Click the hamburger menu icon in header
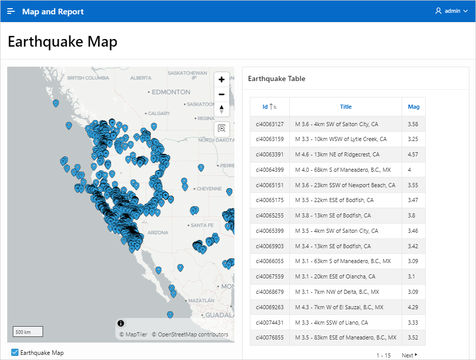(x=11, y=11)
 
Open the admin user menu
(x=451, y=11)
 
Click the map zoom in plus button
(x=222, y=79)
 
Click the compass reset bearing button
(x=222, y=109)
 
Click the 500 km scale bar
(x=28, y=332)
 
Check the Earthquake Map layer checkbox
(x=15, y=352)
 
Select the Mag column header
(x=413, y=107)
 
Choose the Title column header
(x=346, y=107)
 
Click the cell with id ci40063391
(x=269, y=154)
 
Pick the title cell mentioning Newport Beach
(x=345, y=185)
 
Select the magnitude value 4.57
(x=413, y=154)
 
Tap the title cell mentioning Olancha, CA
(x=335, y=277)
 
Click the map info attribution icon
(x=121, y=323)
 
